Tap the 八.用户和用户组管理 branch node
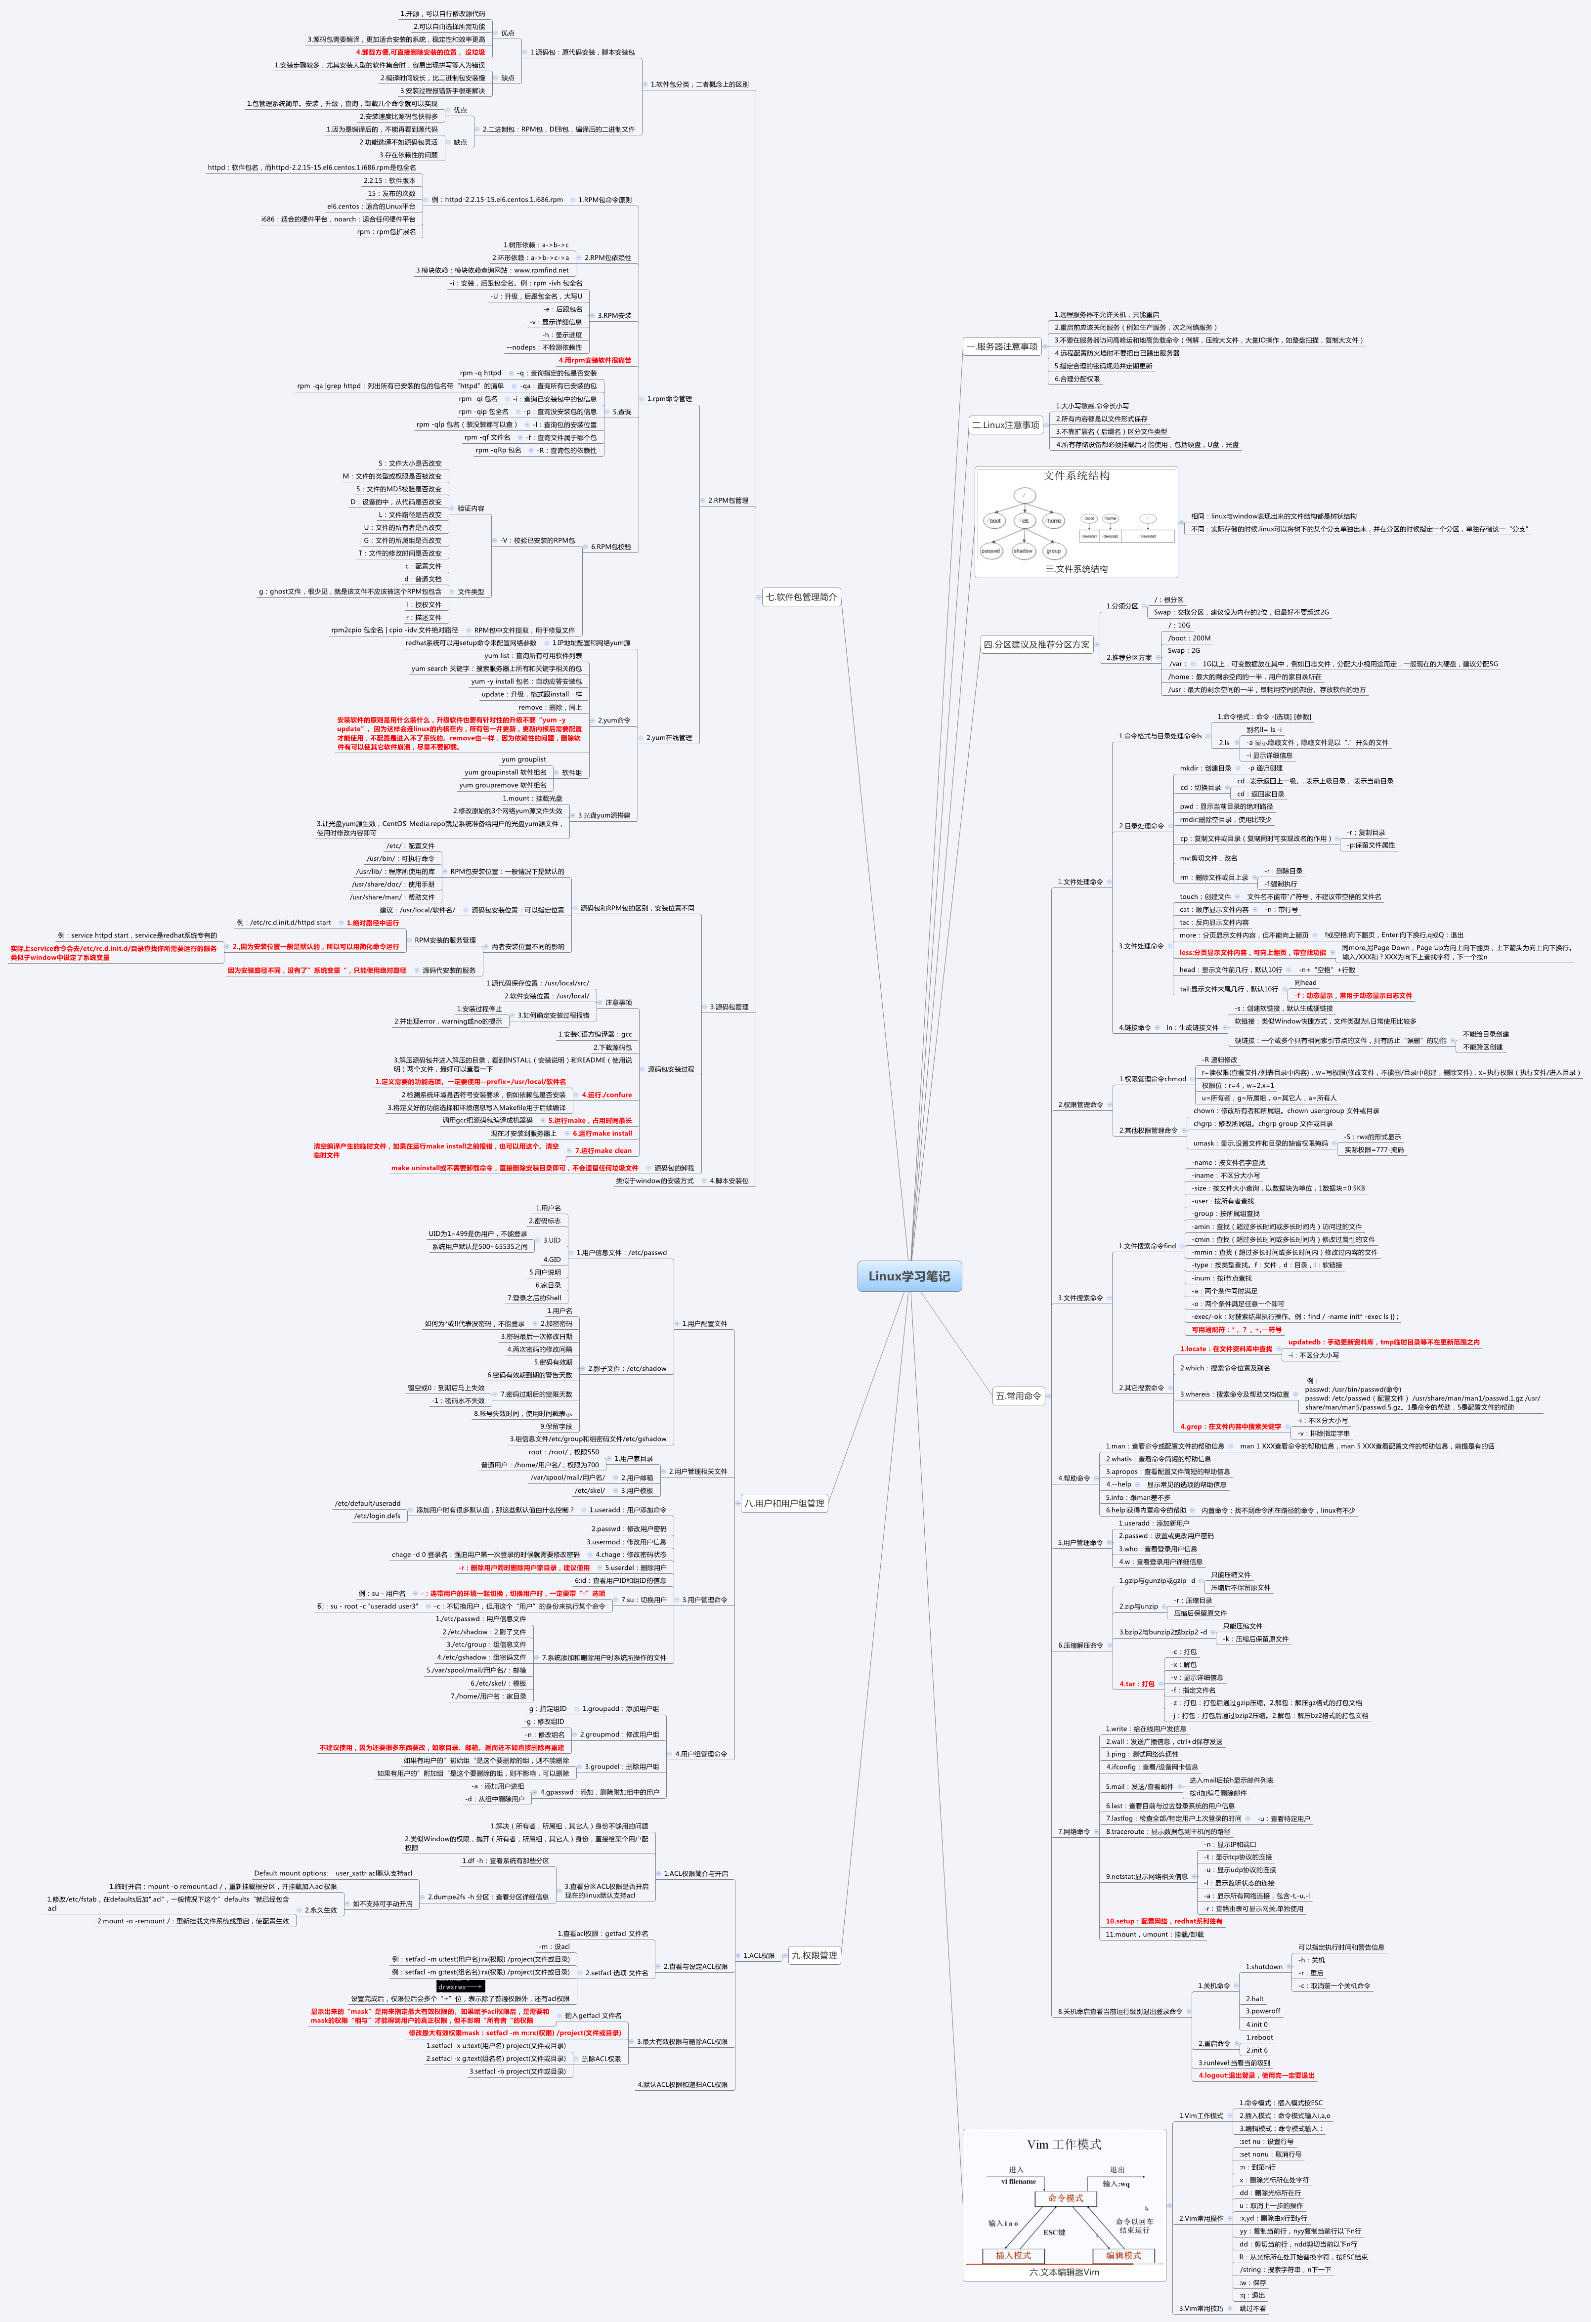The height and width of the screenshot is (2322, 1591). [784, 1503]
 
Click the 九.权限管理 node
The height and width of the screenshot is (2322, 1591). [815, 1955]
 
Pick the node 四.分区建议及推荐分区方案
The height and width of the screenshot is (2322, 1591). [1036, 644]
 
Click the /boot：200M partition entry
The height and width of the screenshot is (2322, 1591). [1189, 637]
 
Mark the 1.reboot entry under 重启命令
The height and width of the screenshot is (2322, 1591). [1259, 2037]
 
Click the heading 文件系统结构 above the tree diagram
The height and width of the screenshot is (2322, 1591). [1076, 475]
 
